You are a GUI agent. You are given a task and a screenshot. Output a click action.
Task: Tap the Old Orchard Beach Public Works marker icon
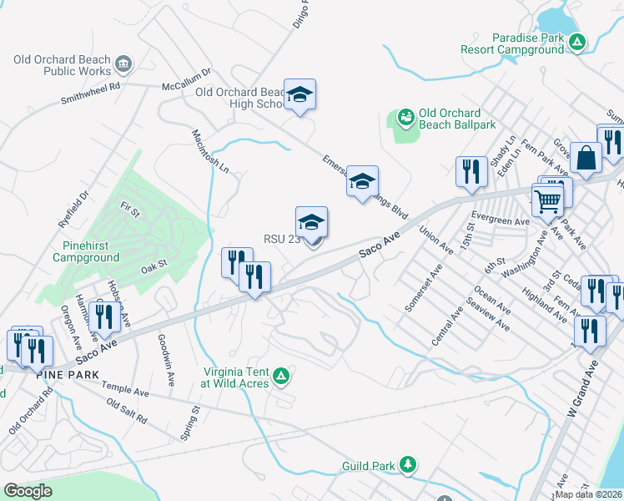click(x=123, y=62)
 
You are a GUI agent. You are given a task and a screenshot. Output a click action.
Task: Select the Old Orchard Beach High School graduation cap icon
click(x=299, y=94)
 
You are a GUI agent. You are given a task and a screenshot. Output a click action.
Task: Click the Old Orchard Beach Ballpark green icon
click(x=406, y=119)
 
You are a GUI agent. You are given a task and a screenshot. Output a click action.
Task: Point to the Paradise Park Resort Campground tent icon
click(x=576, y=42)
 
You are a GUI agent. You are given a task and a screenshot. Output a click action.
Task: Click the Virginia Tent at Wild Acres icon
click(x=282, y=377)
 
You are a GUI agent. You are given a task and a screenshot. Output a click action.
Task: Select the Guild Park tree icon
click(x=407, y=463)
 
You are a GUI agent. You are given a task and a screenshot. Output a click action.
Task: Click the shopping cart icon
click(x=547, y=200)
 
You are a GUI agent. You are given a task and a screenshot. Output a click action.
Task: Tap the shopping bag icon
click(x=586, y=158)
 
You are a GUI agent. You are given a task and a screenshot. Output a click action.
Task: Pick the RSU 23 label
click(x=281, y=239)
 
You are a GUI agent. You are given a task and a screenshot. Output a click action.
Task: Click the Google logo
click(x=28, y=492)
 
